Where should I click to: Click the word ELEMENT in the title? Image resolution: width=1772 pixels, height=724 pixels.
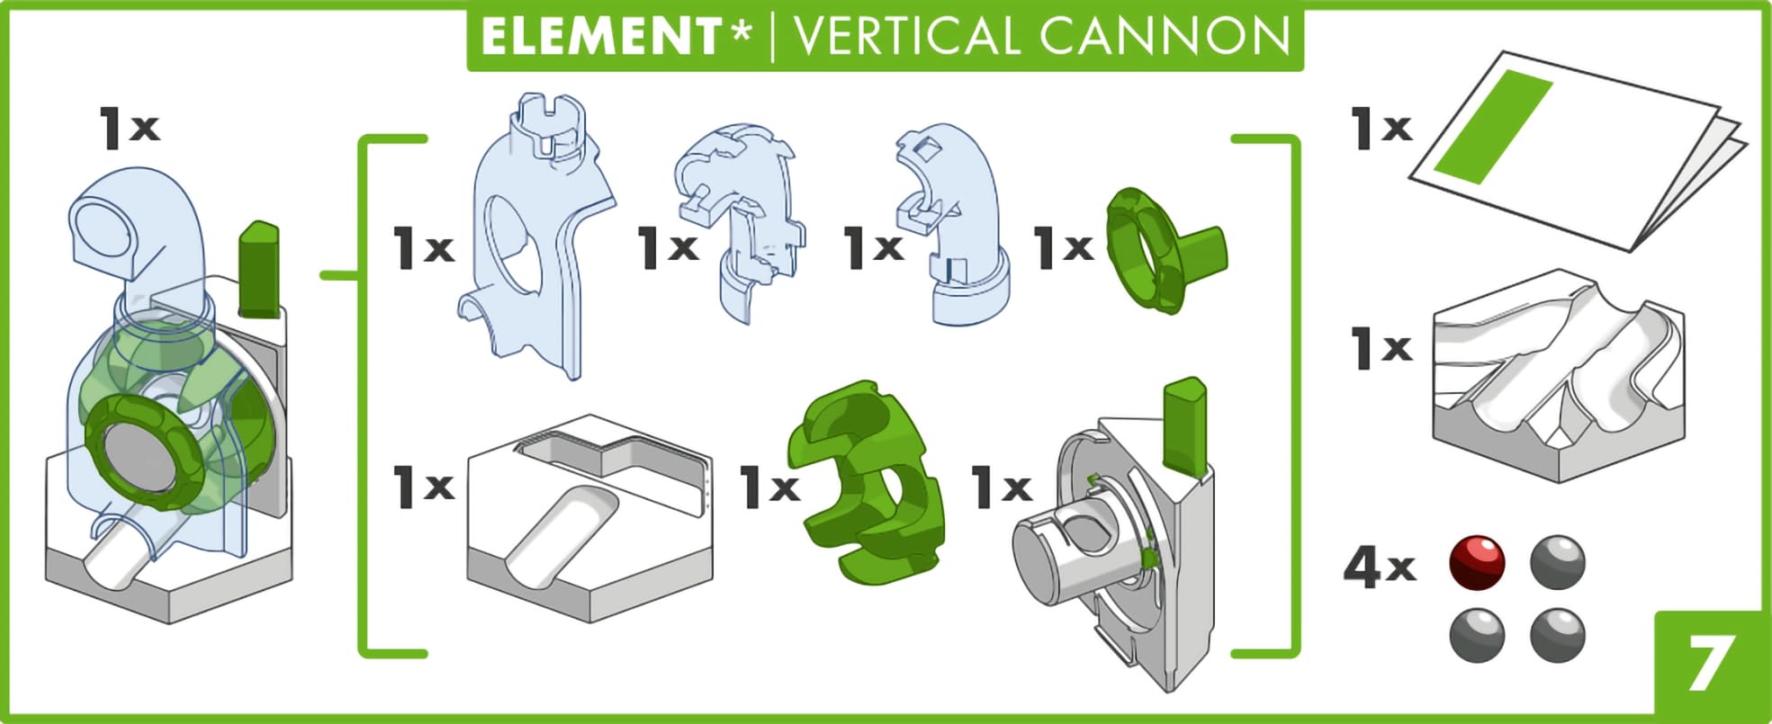point(599,37)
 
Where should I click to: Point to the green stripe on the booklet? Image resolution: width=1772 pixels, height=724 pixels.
point(1493,126)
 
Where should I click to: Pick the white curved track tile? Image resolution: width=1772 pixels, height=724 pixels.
point(1557,378)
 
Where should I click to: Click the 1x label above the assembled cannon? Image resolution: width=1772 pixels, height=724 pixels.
point(130,127)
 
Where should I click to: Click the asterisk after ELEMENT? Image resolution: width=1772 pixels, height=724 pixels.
point(741,34)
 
